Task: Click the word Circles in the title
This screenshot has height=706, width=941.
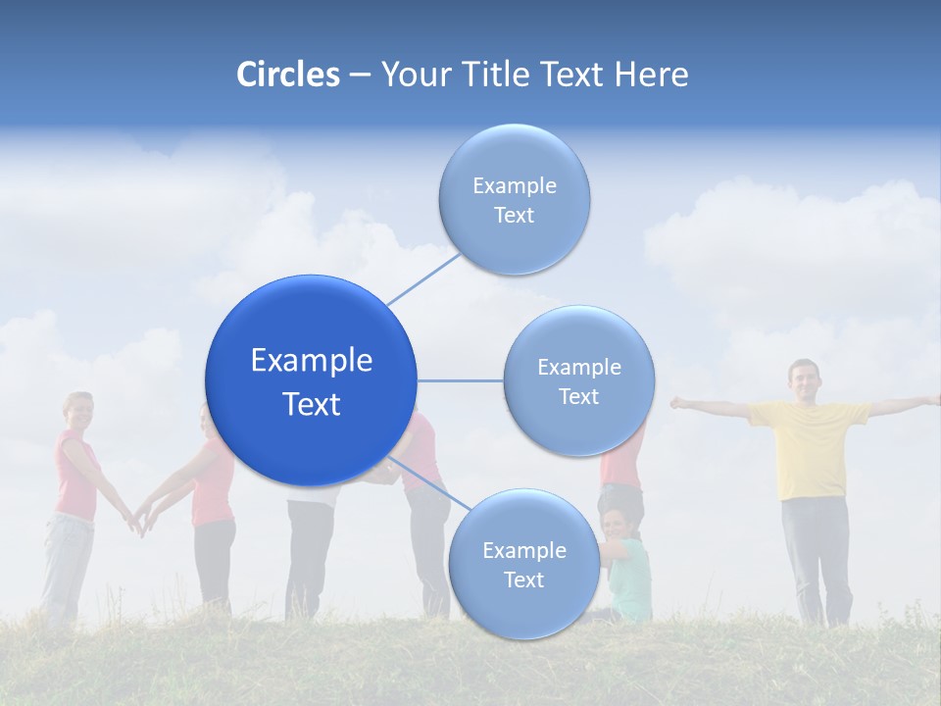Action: click(287, 75)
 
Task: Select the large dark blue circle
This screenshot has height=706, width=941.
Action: click(311, 380)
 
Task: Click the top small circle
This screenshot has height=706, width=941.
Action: click(514, 199)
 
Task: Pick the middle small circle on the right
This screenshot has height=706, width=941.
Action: click(578, 380)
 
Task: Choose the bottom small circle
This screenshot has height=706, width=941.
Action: click(523, 564)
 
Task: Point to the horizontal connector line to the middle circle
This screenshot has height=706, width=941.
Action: click(461, 380)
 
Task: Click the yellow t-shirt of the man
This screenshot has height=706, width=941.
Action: click(809, 446)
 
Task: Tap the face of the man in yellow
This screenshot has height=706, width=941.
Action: click(803, 379)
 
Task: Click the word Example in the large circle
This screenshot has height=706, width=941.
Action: click(311, 360)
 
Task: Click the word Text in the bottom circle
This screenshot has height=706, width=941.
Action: click(523, 580)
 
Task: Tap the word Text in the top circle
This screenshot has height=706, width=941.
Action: click(514, 215)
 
